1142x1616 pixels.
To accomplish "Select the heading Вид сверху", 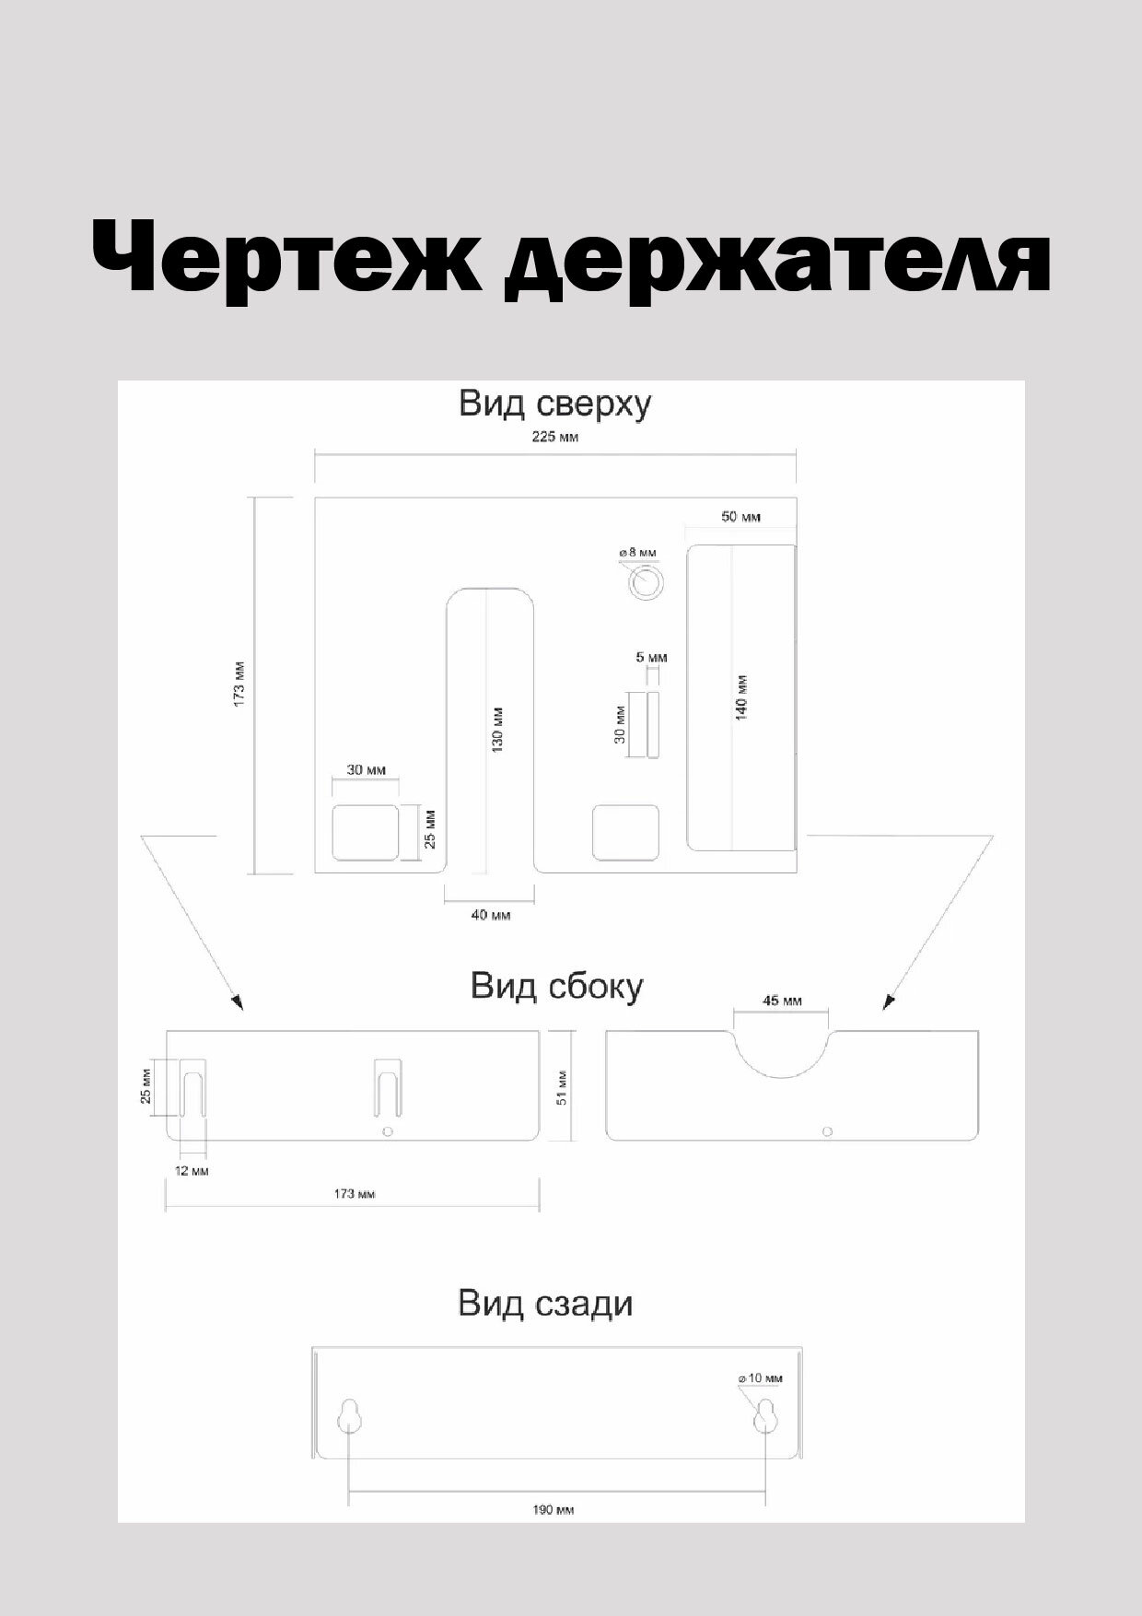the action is pyautogui.click(x=555, y=404).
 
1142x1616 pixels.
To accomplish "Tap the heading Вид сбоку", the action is pyautogui.click(x=556, y=986).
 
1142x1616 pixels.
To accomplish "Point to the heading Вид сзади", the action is pyautogui.click(x=545, y=1304).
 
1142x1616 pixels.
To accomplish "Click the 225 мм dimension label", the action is pyautogui.click(x=555, y=437).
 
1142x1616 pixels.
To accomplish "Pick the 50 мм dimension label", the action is pyautogui.click(x=740, y=517).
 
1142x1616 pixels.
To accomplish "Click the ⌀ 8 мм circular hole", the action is pyautogui.click(x=645, y=583).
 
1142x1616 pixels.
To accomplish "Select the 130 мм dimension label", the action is pyautogui.click(x=497, y=730).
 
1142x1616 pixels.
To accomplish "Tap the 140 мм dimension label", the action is pyautogui.click(x=742, y=697).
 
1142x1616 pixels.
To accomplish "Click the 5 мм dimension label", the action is pyautogui.click(x=651, y=658).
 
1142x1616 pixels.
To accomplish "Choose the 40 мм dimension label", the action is pyautogui.click(x=490, y=915).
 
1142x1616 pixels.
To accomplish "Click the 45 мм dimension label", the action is pyautogui.click(x=782, y=1001).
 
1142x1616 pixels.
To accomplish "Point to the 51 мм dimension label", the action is pyautogui.click(x=562, y=1086).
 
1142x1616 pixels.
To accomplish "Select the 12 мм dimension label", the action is pyautogui.click(x=192, y=1171).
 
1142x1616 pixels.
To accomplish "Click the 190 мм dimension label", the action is pyautogui.click(x=554, y=1510).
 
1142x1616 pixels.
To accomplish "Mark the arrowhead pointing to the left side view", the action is pyautogui.click(x=238, y=1002).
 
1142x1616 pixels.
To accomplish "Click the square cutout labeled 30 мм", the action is pyautogui.click(x=365, y=831).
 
